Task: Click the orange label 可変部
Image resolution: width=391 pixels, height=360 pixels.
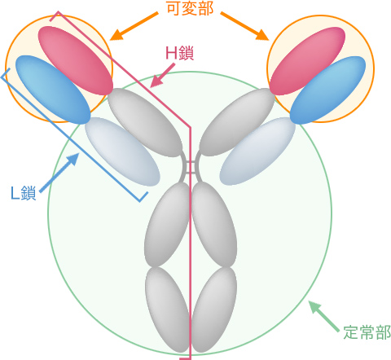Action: coord(190,8)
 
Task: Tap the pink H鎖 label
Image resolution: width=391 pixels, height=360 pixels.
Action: coord(179,53)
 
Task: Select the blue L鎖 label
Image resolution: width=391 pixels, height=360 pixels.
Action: coord(24,193)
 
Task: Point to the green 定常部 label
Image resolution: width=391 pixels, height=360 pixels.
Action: coord(367,332)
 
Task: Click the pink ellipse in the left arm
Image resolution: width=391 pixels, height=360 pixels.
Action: coord(76,60)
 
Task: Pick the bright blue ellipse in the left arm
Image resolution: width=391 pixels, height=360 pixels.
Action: coord(53,90)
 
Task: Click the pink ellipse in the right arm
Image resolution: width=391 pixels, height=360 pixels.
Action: coord(307,61)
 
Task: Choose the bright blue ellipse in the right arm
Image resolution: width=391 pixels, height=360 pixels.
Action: coord(327,90)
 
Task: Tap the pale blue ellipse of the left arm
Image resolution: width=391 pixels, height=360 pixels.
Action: coord(122,151)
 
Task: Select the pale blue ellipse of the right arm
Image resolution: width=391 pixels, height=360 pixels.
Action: coord(257,151)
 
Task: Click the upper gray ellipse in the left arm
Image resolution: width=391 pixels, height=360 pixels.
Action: coord(145,122)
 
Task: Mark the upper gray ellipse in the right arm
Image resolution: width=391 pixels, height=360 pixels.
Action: coord(237,122)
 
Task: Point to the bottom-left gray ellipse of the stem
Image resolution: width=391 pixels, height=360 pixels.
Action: coord(167,310)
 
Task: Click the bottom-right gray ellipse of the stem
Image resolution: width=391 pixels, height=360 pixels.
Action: coord(214,310)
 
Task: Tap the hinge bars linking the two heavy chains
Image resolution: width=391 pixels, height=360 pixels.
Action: coord(191,166)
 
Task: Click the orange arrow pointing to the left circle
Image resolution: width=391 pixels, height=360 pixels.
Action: coord(134,26)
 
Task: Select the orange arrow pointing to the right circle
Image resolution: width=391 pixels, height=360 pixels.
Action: coord(244,26)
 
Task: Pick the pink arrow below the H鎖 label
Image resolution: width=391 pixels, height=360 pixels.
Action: coord(163,76)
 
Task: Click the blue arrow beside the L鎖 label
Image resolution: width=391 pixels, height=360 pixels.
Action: coord(59,173)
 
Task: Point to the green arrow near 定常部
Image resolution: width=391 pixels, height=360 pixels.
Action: coord(323,316)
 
